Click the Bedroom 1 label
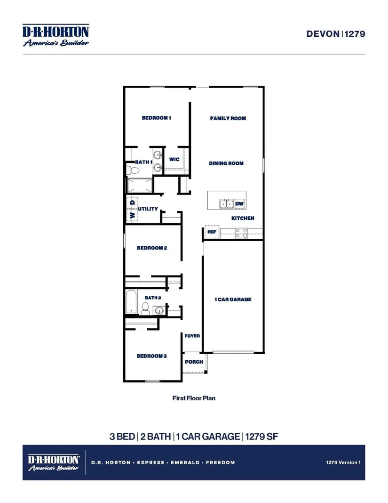(x=156, y=118)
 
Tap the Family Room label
(x=228, y=118)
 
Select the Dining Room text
(x=226, y=163)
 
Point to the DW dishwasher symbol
(x=239, y=204)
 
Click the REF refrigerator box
(x=212, y=232)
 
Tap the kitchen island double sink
(x=226, y=204)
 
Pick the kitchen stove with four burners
(x=242, y=233)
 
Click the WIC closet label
(x=174, y=159)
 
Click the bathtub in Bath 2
(x=131, y=301)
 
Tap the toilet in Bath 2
(x=145, y=308)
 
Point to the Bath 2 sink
(x=159, y=310)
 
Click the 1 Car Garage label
(x=233, y=299)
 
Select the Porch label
(x=194, y=362)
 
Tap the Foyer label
(x=192, y=336)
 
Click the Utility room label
(x=148, y=209)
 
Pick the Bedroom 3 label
(x=151, y=356)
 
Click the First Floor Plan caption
(x=194, y=398)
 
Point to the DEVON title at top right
(x=323, y=34)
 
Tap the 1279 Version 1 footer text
(x=343, y=462)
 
